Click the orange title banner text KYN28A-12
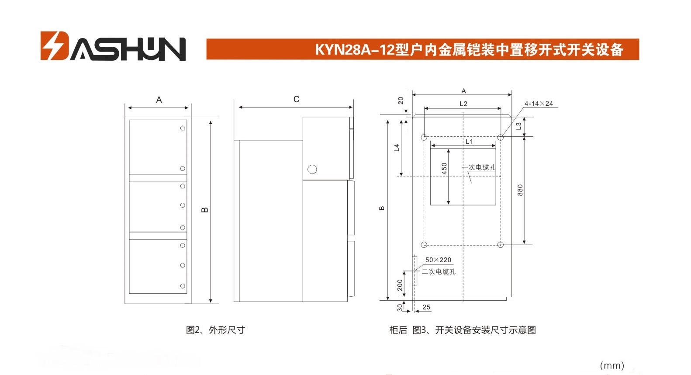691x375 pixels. [355, 49]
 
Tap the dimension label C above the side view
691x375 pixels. [296, 99]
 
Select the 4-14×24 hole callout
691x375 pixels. [539, 104]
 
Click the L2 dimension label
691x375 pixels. [463, 104]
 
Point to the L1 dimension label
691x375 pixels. [469, 141]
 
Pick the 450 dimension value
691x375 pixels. [444, 169]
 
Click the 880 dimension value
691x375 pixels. [520, 190]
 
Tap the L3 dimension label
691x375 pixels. [518, 126]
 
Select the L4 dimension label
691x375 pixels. [397, 148]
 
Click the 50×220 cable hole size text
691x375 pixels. [438, 260]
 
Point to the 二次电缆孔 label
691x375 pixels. [439, 271]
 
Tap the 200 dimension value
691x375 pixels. [400, 285]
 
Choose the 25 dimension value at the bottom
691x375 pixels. [426, 307]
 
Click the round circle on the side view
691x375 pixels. [312, 169]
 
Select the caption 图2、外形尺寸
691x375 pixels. [215, 330]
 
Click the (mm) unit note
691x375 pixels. [612, 366]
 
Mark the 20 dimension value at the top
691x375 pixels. [401, 101]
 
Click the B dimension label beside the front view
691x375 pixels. [204, 210]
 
